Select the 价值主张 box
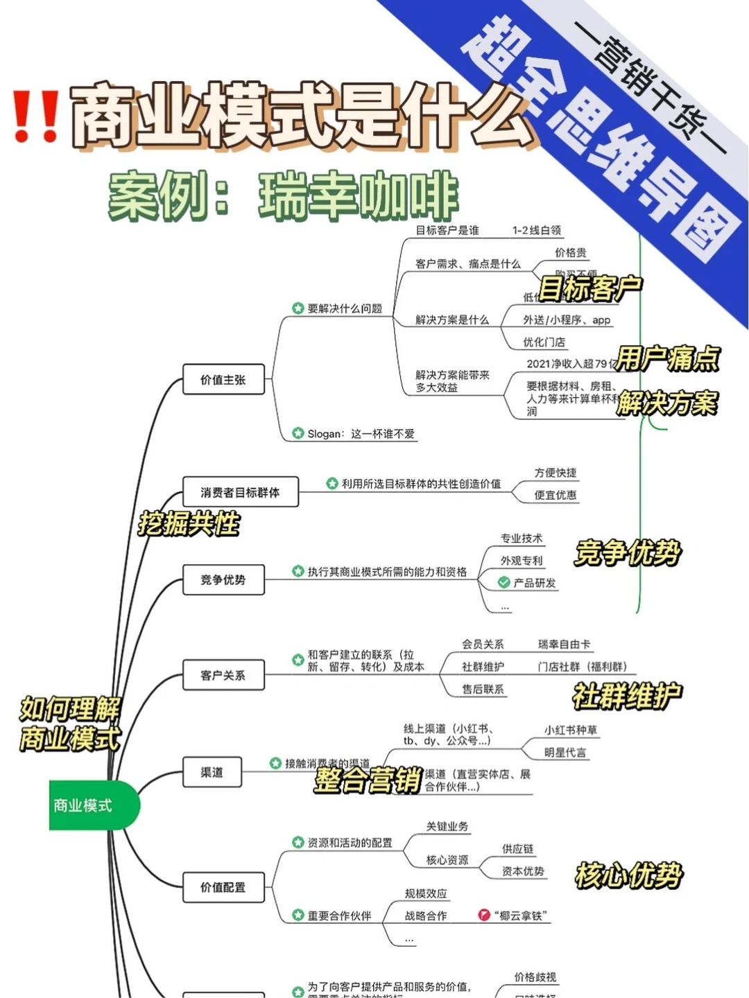click(x=223, y=380)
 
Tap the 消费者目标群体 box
click(x=240, y=492)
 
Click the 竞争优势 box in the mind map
click(x=223, y=579)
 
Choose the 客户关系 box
click(x=223, y=675)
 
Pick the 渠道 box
click(x=212, y=772)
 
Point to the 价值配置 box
click(x=223, y=887)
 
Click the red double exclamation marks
click(x=35, y=116)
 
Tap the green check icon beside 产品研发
click(x=504, y=583)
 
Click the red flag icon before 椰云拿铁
click(x=484, y=915)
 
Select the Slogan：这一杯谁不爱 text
click(x=361, y=434)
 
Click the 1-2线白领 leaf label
click(x=537, y=230)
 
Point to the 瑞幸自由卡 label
click(x=565, y=645)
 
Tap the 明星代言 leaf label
click(x=565, y=753)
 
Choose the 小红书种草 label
click(x=571, y=730)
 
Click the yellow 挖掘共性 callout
click(x=189, y=524)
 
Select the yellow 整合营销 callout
click(x=368, y=780)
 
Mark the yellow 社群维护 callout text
click(x=627, y=696)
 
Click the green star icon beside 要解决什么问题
click(x=298, y=308)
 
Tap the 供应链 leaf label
click(x=518, y=849)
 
